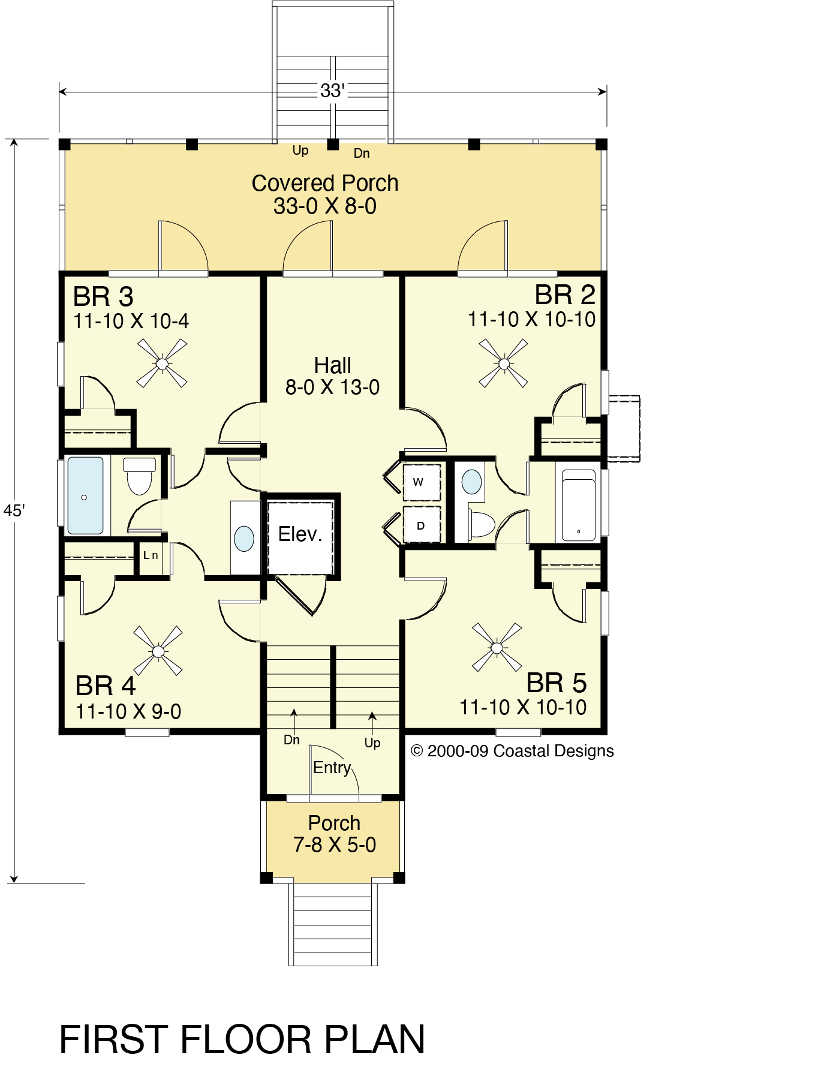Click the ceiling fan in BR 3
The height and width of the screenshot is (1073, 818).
click(x=162, y=363)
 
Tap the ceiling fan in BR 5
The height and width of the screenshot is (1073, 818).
click(x=497, y=648)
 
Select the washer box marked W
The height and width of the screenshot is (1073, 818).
click(x=422, y=482)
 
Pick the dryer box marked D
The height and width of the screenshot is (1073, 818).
click(x=422, y=525)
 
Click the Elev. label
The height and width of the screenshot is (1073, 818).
click(x=300, y=534)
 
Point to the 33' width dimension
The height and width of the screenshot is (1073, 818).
click(x=332, y=91)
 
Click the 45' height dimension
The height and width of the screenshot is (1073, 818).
click(x=14, y=510)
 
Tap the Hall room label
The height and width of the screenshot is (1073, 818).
click(x=333, y=365)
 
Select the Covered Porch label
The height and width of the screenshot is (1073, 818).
click(x=325, y=183)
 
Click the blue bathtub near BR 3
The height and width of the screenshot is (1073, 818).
click(x=85, y=495)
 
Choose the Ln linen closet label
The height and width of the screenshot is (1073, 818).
click(x=150, y=555)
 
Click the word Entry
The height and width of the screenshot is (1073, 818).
click(x=332, y=768)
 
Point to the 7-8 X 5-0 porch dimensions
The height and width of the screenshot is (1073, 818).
click(x=335, y=844)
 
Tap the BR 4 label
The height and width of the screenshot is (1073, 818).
click(x=106, y=686)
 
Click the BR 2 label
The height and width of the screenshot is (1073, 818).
click(x=565, y=294)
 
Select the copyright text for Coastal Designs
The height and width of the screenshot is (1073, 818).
click(x=512, y=751)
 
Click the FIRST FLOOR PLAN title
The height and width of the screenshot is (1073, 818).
click(x=242, y=1039)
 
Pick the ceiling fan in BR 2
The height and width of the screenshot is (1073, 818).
click(x=504, y=363)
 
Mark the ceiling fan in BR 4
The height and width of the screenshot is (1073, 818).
click(x=158, y=651)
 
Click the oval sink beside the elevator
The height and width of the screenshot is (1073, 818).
click(x=244, y=538)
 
